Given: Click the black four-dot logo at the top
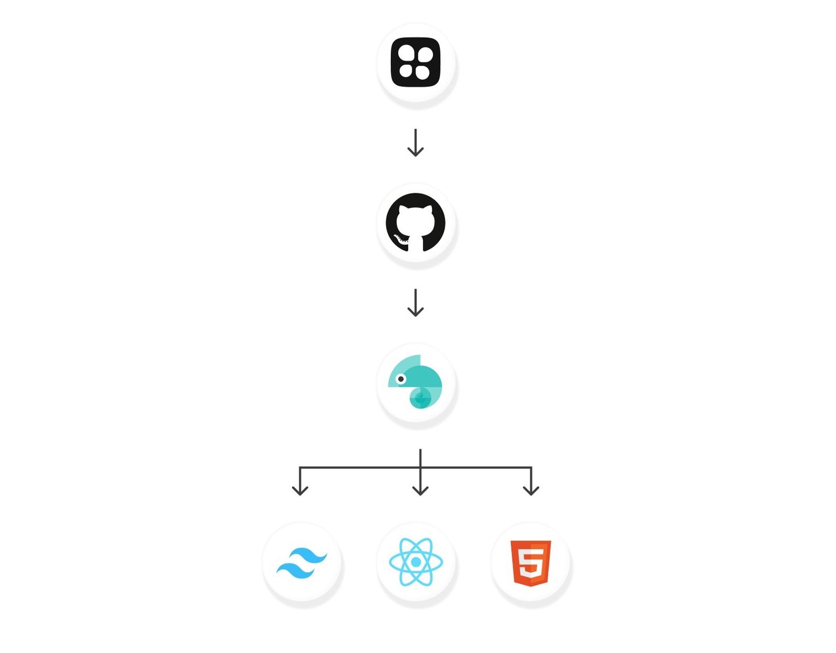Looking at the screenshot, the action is coord(416,62).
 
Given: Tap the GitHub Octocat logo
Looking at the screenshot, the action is coord(416,222).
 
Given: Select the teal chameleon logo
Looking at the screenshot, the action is coord(416,382).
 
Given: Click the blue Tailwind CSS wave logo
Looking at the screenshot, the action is coord(302,563).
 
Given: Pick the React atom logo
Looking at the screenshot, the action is coord(416,562).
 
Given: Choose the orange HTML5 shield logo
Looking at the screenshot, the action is coord(531,562).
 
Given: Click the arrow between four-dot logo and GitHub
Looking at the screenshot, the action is coord(416,143).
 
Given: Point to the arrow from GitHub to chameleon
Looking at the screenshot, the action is coord(416,303).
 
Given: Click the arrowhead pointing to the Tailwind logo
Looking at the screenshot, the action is coord(300,490).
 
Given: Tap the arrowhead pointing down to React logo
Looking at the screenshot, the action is coord(420,490).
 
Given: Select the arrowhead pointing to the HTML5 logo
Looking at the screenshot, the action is coord(531,490).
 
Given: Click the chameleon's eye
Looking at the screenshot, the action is coord(401,379).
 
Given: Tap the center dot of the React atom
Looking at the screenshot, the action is coord(416,562).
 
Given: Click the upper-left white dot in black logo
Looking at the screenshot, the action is coord(406,53).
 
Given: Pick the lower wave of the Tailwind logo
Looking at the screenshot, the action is coord(295,570).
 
